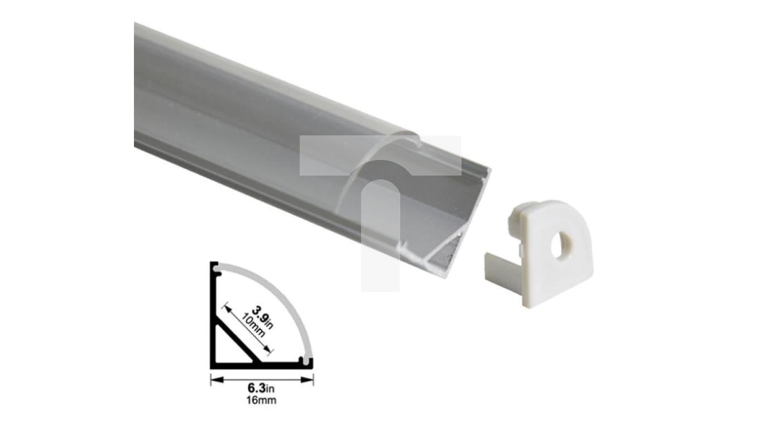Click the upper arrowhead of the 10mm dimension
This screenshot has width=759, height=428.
(x=228, y=307)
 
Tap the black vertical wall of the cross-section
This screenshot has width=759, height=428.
(x=213, y=318)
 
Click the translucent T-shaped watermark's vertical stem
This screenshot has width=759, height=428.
(x=381, y=234)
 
